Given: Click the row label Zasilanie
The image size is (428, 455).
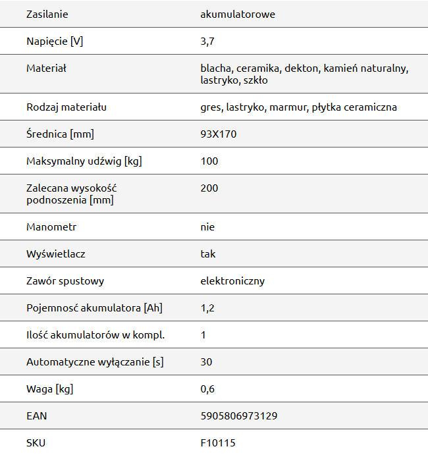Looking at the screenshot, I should tap(47, 14).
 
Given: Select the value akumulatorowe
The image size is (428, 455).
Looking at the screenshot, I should tap(238, 14).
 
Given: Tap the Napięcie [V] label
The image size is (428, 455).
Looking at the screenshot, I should tap(55, 41).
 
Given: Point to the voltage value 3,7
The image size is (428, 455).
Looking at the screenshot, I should tap(207, 41).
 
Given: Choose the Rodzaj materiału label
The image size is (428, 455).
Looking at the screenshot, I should tap(67, 107).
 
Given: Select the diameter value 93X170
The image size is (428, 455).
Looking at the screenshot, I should tap(219, 134).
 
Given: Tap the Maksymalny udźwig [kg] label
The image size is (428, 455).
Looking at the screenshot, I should tap(85, 161).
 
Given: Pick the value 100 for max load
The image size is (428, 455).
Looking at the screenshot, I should tap(209, 161).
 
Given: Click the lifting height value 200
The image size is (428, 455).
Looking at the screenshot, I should tap(209, 188).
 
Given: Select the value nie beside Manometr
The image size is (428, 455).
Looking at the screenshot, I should tap(207, 227).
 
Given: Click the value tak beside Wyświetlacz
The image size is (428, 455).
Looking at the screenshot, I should tap(207, 254).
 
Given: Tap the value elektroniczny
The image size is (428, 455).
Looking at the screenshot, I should tap(232, 281).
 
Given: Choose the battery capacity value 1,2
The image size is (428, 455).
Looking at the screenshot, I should tap(207, 308).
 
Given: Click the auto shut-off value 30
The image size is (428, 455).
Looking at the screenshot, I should tap(206, 362).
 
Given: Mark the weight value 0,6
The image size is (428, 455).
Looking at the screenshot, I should tap(207, 389).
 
